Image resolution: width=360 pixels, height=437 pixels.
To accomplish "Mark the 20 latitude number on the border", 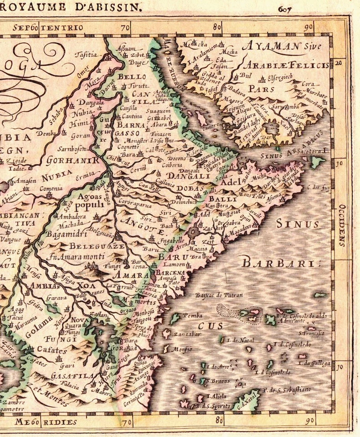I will click(x=338, y=63).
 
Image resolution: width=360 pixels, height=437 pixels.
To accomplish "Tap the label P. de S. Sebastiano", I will click(x=287, y=390).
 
